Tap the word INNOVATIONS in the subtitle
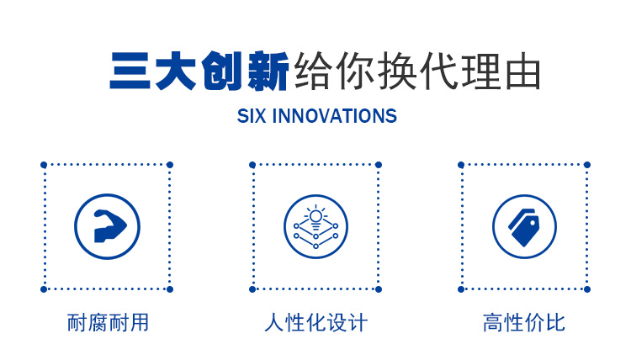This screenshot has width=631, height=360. pos(334,116)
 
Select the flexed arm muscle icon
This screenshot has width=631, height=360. pos(109,226)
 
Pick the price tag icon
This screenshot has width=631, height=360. pos(523,227)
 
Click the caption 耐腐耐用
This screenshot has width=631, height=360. pos(108,323)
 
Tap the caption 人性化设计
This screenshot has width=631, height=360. pos(315,323)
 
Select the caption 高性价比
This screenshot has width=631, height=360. pos(524,323)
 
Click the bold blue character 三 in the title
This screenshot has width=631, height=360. pos(130,71)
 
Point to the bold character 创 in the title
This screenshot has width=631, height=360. pos(222,71)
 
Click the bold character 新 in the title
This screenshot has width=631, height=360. pos(268,71)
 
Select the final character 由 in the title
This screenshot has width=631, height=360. pos(522,71)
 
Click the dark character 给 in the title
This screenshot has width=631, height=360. pos(313,71)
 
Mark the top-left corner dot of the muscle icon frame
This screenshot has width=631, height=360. pos(44,165)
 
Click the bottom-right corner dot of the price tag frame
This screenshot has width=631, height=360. pos(587,289)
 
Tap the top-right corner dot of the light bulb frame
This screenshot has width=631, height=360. pos(379,165)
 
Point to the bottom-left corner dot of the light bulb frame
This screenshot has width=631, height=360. pos(252,289)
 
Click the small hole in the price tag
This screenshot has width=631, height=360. pos(533,221)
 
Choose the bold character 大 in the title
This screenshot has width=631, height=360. pos(176,71)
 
